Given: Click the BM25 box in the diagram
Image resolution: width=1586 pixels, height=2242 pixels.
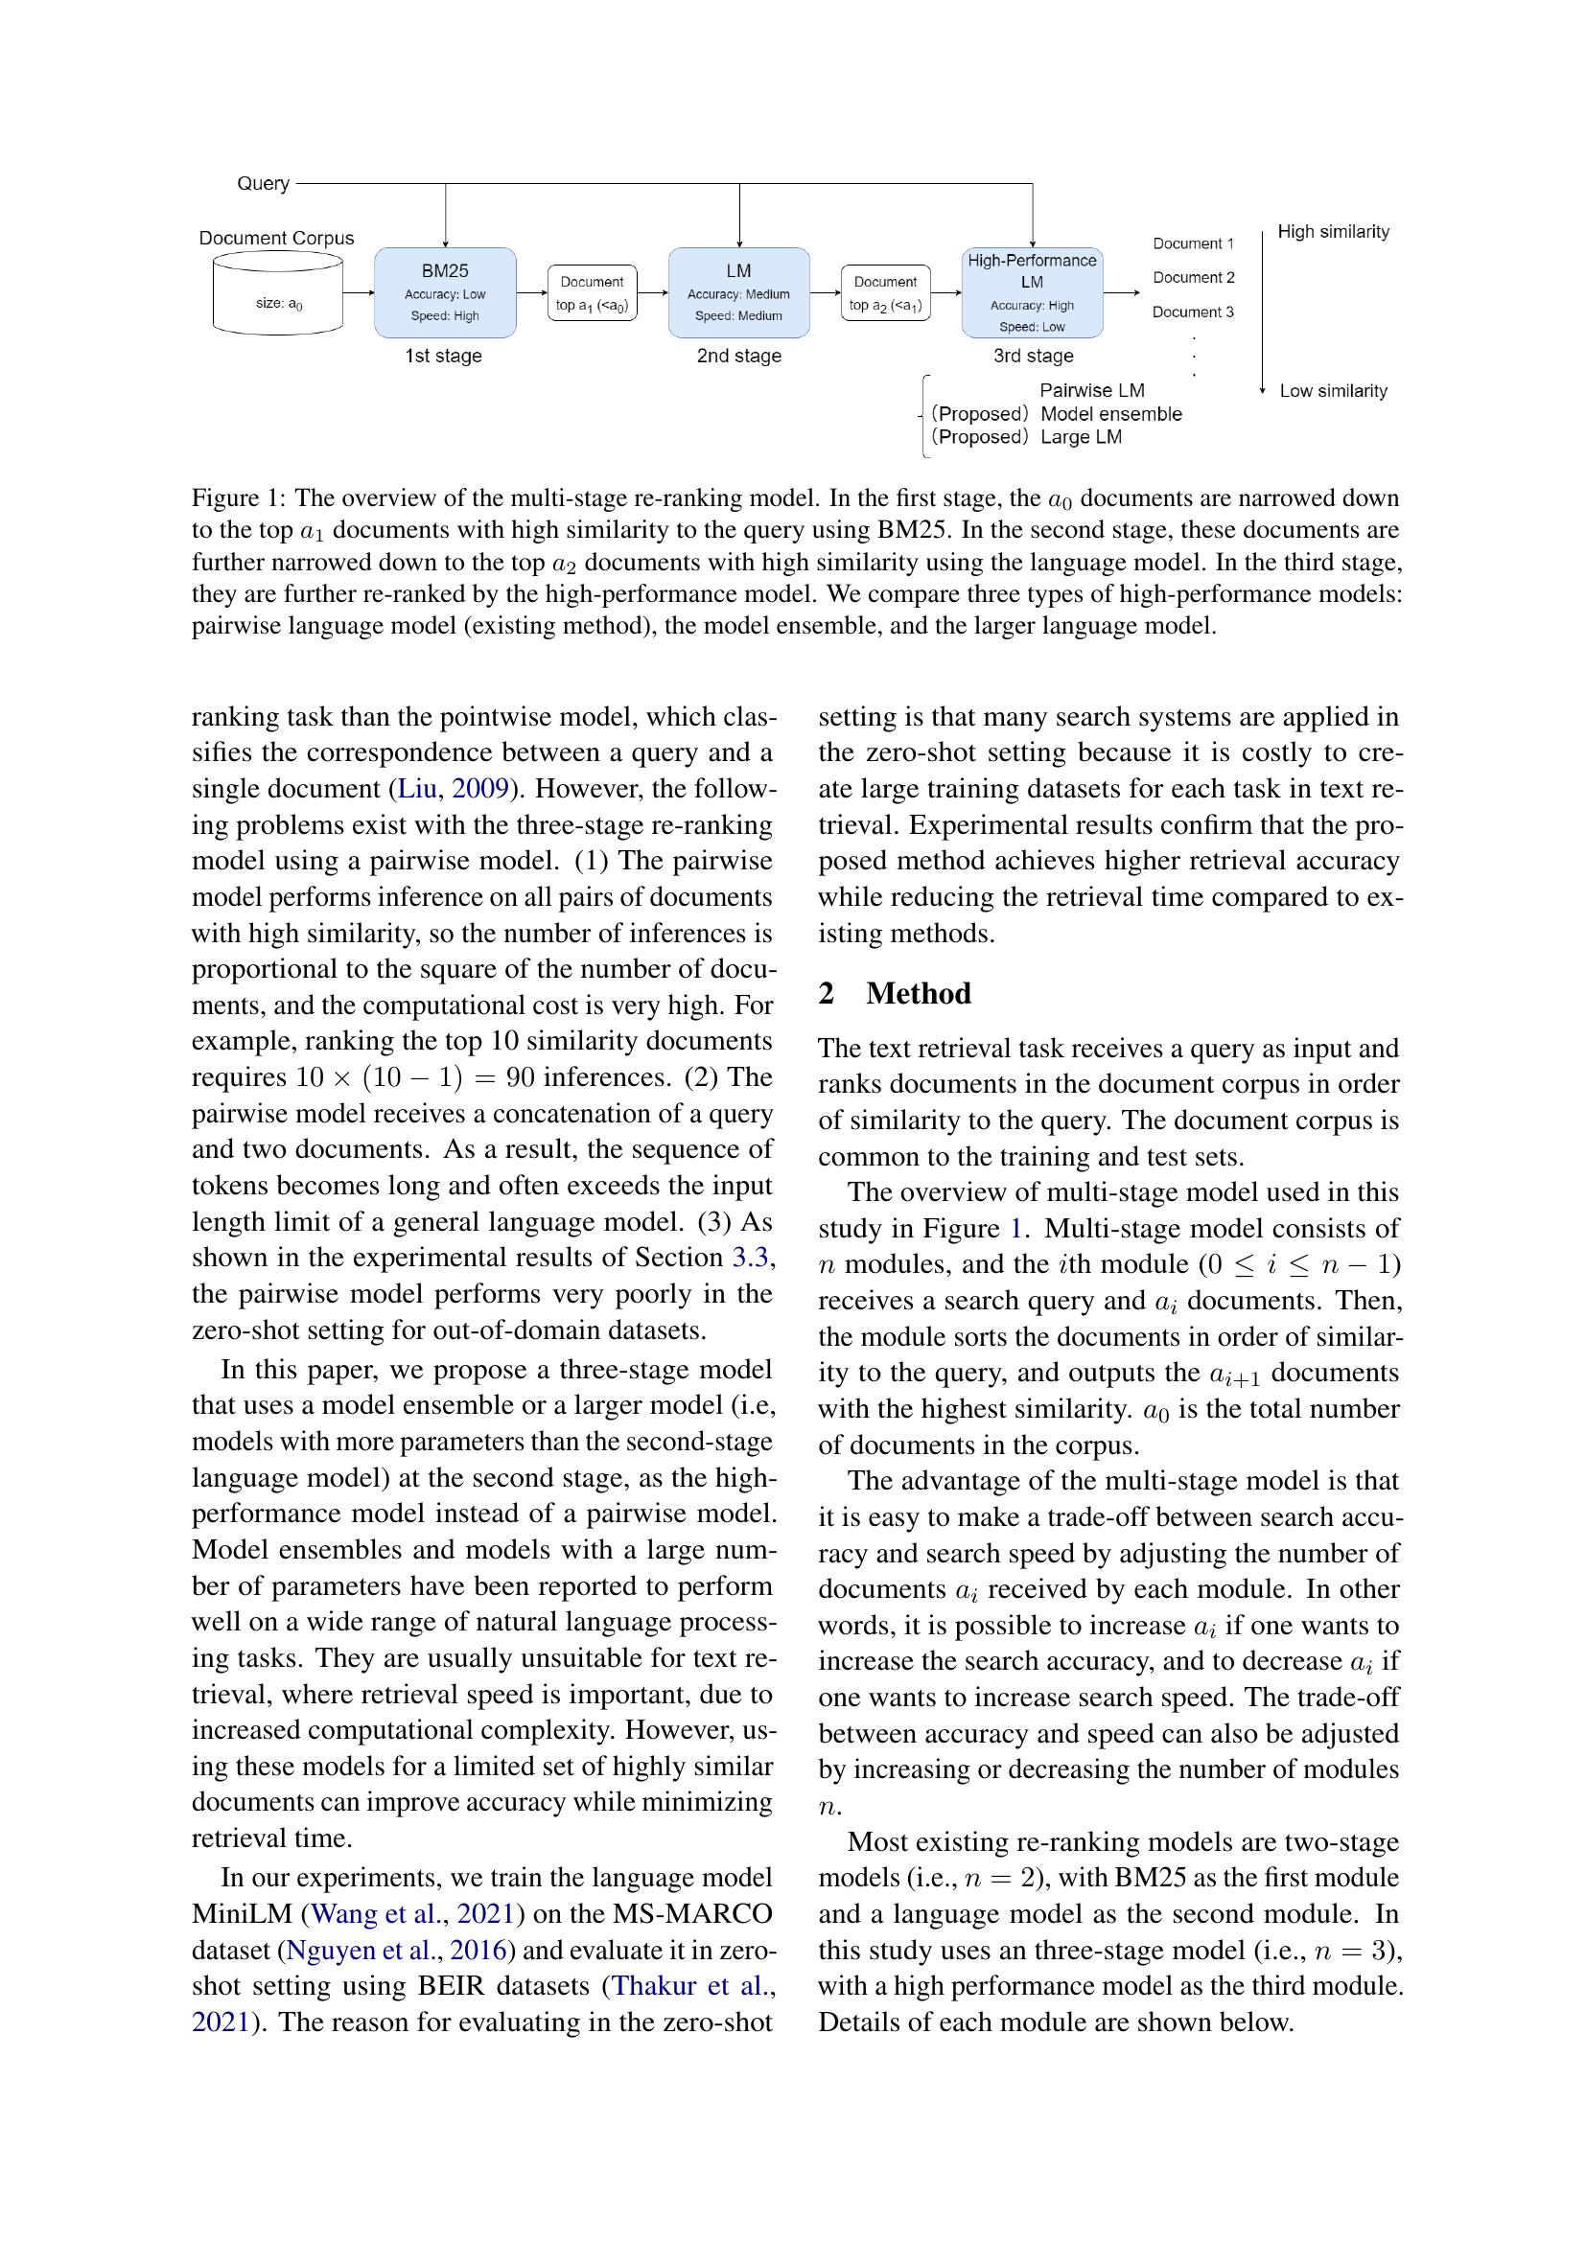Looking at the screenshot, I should coord(444,292).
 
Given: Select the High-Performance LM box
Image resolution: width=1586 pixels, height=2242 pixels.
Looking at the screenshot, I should coord(1033,292).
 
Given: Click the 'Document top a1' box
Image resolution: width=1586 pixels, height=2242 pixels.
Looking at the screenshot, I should coord(592,293).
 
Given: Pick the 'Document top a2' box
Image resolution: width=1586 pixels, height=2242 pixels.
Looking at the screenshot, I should coord(885,293).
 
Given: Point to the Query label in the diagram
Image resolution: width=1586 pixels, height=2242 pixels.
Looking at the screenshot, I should coord(263,184).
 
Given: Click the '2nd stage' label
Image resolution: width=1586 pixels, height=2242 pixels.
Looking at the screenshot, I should coord(738,356).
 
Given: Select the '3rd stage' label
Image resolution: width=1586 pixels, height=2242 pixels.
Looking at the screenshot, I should coord(1033,356).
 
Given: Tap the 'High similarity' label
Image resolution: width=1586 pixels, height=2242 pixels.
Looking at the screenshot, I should coord(1333,231).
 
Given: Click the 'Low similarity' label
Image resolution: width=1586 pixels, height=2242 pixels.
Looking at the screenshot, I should coord(1333,390).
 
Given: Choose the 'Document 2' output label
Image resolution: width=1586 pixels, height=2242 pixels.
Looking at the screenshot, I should coord(1193,277).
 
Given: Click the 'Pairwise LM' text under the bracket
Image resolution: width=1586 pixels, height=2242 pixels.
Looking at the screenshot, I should coord(1091,390).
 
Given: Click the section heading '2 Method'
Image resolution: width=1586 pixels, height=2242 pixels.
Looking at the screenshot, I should coord(895,993).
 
